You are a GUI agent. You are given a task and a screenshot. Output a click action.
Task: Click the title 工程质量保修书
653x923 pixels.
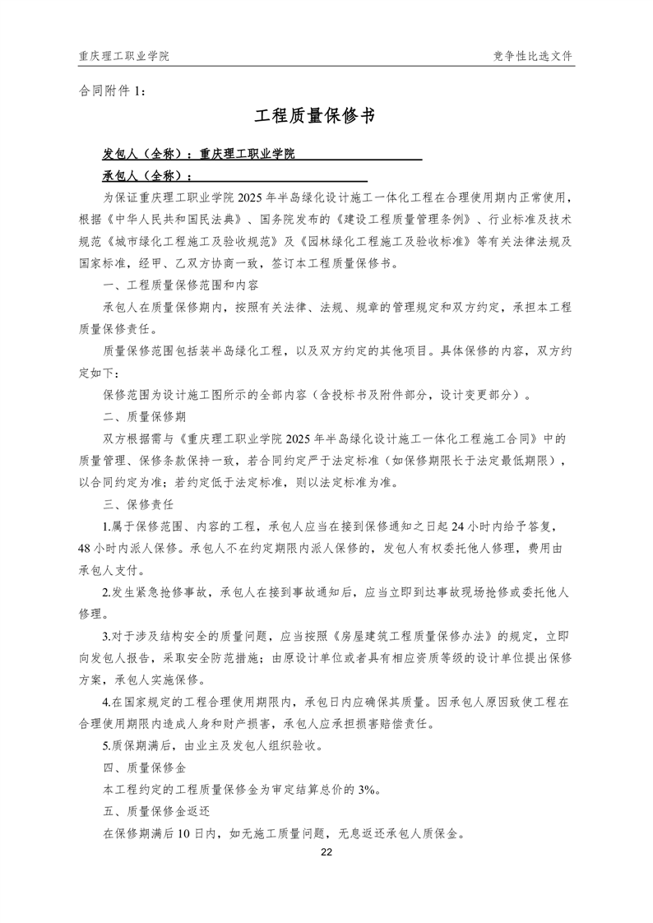tap(326, 117)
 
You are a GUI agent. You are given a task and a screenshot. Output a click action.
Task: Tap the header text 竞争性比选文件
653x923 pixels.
tap(533, 56)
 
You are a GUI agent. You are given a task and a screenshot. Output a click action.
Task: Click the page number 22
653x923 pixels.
tap(326, 852)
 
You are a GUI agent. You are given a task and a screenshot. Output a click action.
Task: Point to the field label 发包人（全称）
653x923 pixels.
tap(145, 154)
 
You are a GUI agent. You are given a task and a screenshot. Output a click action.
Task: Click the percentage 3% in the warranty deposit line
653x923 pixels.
tap(367, 789)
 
